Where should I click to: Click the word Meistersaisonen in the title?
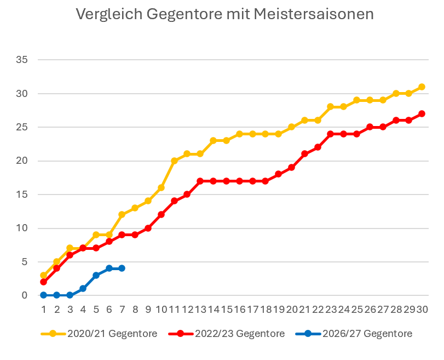[314, 14]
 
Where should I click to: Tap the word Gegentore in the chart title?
[184, 15]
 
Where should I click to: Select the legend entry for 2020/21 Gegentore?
[99, 334]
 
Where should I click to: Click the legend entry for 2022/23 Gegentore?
[227, 334]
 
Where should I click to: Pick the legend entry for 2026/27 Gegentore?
[354, 334]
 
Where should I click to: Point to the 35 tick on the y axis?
[22, 60]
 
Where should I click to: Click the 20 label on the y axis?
[22, 161]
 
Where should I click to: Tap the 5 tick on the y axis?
[25, 261]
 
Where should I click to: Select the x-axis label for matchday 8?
[135, 310]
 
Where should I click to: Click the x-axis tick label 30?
[422, 310]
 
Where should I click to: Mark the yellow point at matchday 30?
[422, 87]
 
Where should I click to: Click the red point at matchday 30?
[422, 113]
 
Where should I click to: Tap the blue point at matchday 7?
[122, 268]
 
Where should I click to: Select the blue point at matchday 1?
[43, 295]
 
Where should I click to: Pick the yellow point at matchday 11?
[174, 161]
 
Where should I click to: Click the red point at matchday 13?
[200, 181]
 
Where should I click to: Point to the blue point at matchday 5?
[96, 275]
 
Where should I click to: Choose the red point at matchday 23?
[330, 134]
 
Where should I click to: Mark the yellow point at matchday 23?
[330, 107]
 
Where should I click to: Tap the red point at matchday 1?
[43, 282]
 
